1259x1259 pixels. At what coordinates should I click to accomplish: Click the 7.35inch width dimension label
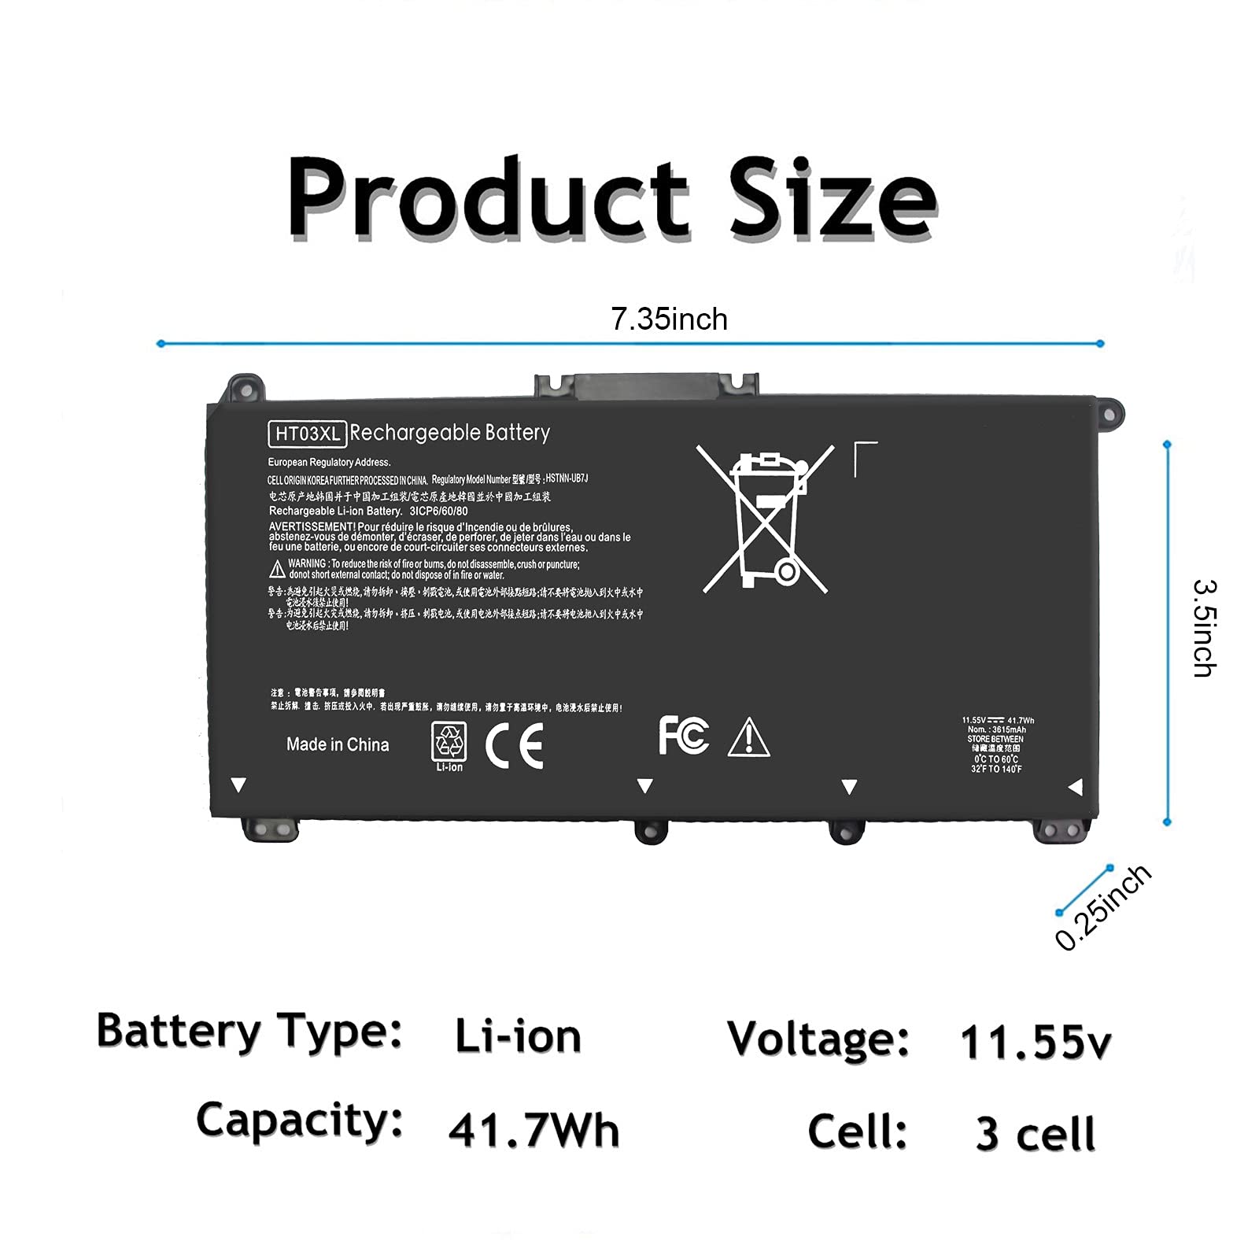click(669, 319)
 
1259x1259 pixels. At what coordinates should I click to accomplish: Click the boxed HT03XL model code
click(307, 434)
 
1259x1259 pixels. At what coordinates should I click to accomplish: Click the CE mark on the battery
click(515, 745)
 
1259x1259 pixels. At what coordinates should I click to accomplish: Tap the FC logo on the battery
click(683, 736)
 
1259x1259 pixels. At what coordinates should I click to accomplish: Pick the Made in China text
click(338, 744)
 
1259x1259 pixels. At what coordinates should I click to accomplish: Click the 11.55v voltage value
click(1035, 1043)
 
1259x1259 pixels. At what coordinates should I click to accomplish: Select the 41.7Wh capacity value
click(534, 1131)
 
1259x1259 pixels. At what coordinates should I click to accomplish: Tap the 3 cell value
click(1035, 1134)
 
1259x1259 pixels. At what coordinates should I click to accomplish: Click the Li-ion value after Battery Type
click(518, 1036)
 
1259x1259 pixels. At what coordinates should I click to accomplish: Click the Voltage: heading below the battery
click(818, 1039)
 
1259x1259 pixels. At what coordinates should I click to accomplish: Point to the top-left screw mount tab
click(244, 388)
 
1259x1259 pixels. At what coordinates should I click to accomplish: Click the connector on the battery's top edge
click(647, 386)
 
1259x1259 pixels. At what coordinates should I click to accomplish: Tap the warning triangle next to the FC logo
click(749, 738)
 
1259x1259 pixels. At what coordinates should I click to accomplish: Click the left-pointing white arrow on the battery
click(1075, 786)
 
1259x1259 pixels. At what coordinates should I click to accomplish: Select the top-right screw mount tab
click(1109, 412)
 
